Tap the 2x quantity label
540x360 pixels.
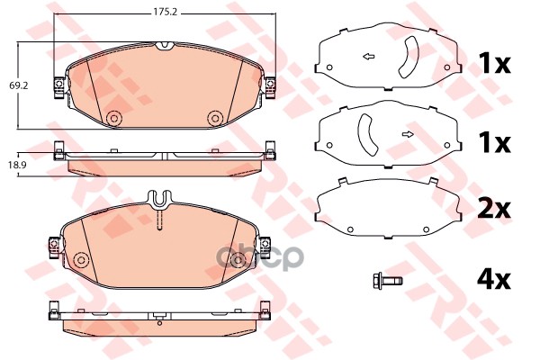coord(493,209)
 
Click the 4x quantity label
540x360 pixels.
coord(493,280)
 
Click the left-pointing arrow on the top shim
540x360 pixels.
coord(368,58)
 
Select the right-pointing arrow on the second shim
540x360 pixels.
coord(407,135)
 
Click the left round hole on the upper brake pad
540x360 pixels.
coord(113,119)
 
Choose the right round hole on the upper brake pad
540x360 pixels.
coord(214,119)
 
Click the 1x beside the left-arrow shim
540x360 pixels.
coord(493,64)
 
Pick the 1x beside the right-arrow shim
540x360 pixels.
coord(493,143)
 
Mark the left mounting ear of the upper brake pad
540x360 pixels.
coord(58,84)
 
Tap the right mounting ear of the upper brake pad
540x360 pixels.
coord(269,84)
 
